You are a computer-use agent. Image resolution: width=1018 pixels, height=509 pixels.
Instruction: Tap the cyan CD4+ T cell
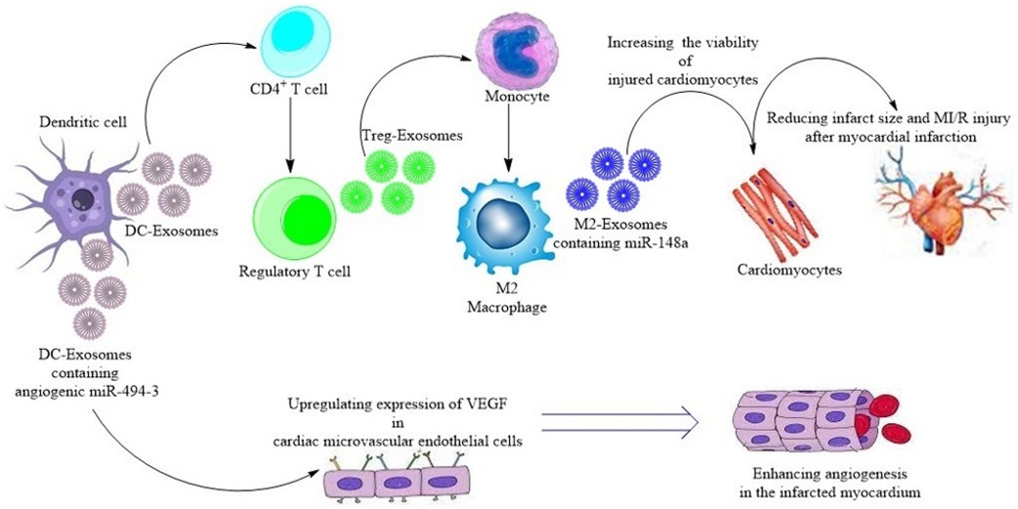point(293,45)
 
